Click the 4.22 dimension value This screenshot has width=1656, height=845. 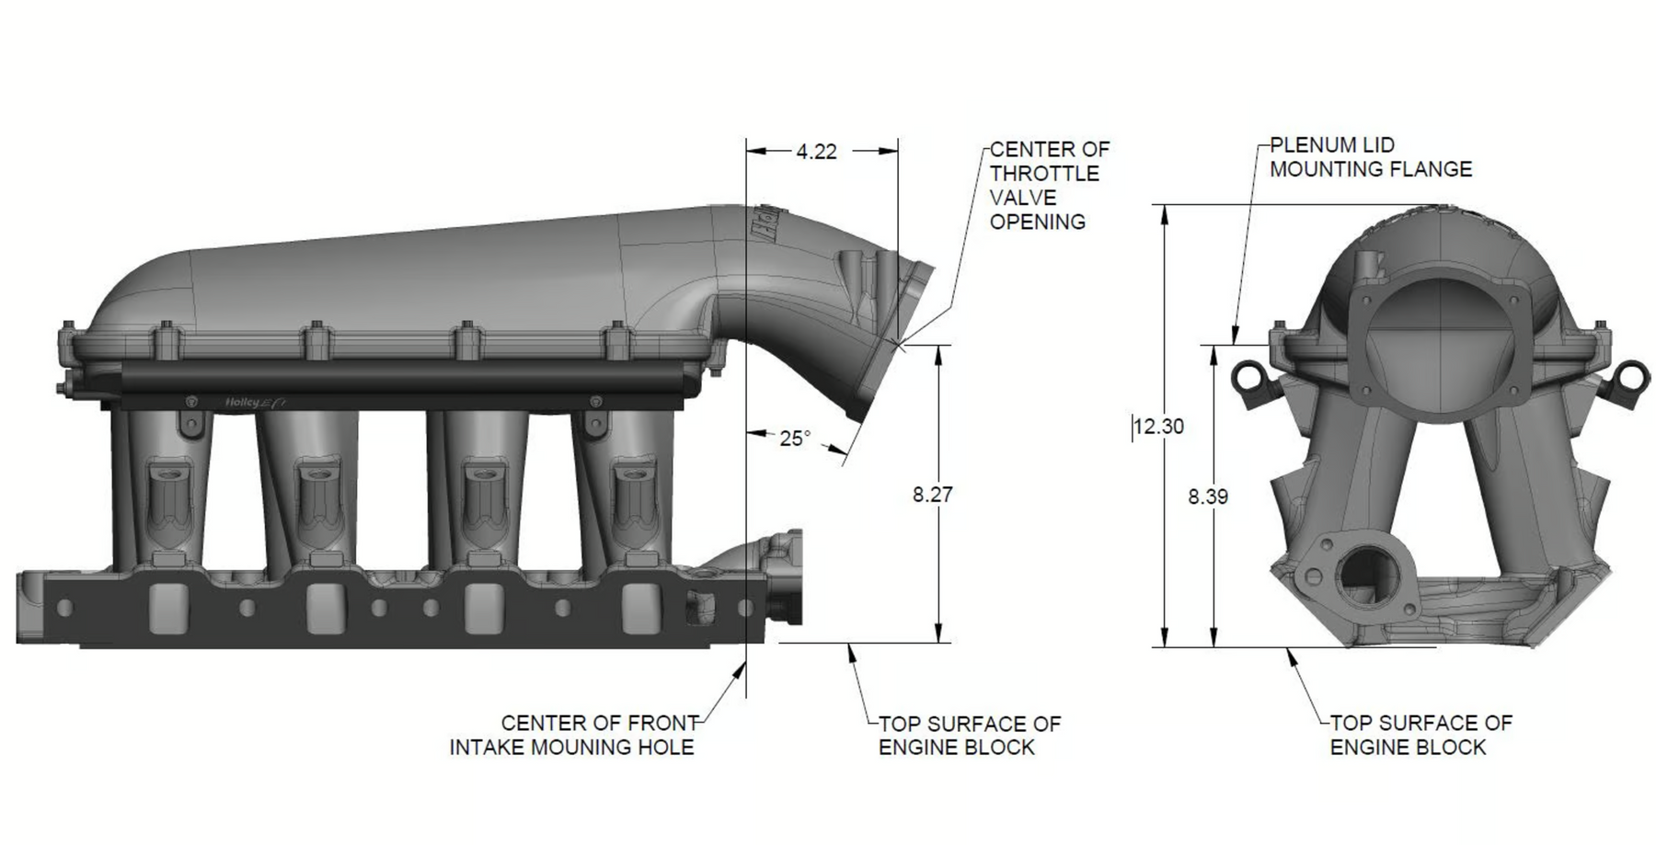816,152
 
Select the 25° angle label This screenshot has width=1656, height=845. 796,439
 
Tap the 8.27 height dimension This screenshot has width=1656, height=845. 933,495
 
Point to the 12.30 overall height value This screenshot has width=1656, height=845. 1159,427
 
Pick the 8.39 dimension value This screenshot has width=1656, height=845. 1208,497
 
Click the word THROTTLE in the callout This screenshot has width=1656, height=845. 1044,173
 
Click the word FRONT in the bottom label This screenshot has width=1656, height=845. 661,724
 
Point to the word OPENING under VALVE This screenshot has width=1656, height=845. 1038,222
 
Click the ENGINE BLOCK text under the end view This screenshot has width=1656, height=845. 1408,748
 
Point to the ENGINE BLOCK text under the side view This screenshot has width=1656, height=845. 957,748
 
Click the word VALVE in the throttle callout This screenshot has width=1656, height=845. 1022,198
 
